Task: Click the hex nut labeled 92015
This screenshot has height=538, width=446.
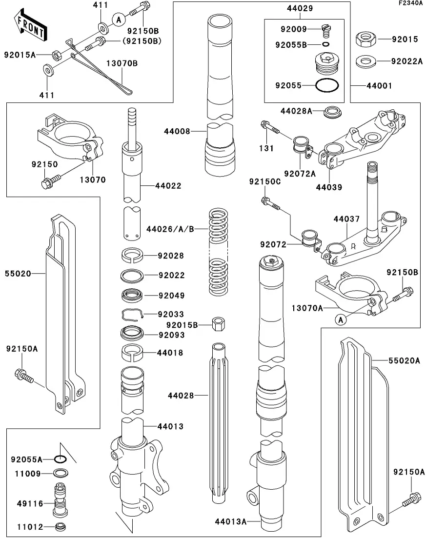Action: click(364, 39)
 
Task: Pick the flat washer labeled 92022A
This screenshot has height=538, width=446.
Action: click(365, 61)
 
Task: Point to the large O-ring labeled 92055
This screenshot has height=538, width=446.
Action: click(326, 85)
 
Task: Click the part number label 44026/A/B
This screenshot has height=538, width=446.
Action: click(170, 228)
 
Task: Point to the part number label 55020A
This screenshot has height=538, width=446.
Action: click(404, 361)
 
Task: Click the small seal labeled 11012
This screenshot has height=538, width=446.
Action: click(61, 527)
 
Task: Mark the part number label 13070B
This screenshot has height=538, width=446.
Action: click(122, 63)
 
